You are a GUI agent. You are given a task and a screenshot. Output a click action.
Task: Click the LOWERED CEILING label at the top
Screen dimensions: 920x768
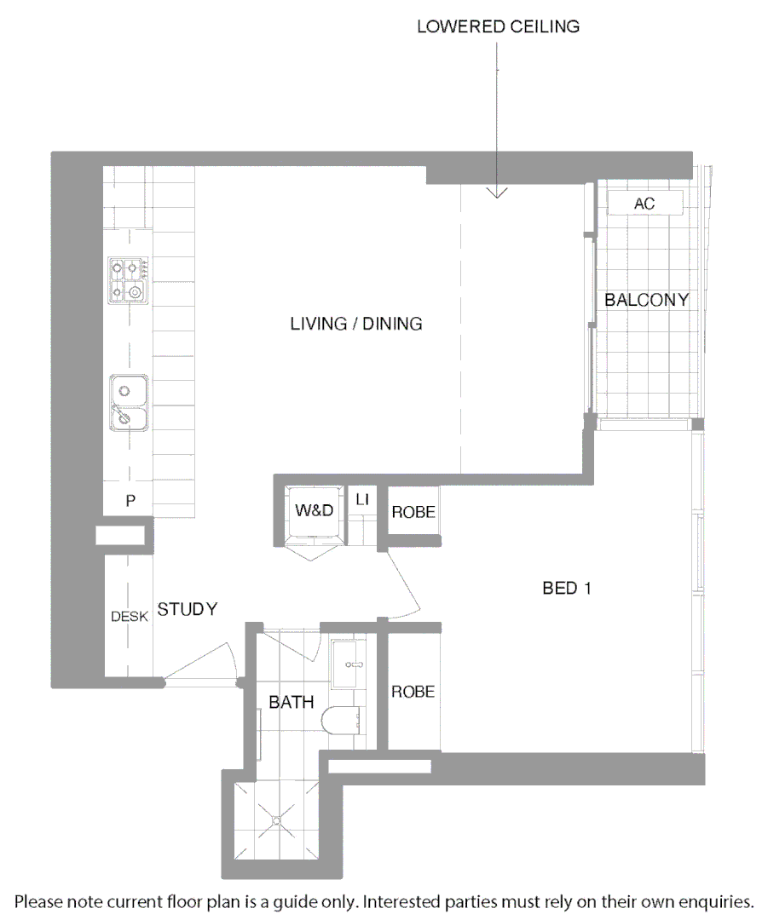tap(498, 26)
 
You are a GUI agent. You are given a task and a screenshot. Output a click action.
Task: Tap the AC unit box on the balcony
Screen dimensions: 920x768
tap(644, 204)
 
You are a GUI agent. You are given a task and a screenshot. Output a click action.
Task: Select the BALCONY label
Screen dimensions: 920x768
tap(646, 300)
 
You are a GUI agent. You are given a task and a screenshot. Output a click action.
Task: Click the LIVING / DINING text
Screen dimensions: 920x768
tap(356, 324)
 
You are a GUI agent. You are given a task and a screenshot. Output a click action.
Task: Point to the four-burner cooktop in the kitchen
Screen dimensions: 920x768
tap(129, 281)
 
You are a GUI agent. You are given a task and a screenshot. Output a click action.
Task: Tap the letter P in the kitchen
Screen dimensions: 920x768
tap(130, 501)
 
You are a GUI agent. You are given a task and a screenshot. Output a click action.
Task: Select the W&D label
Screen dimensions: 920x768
tap(313, 511)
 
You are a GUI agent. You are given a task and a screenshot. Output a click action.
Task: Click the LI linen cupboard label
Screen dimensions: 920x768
tap(361, 499)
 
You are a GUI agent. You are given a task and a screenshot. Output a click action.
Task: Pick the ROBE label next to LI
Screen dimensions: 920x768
tap(413, 512)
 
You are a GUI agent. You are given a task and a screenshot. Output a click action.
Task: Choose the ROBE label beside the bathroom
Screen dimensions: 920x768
tap(413, 692)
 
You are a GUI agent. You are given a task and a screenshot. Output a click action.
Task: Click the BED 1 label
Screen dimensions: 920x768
tap(567, 588)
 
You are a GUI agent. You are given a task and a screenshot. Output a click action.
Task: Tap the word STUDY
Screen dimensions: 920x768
tap(188, 609)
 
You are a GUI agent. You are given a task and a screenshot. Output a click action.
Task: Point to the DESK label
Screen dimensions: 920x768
tap(130, 617)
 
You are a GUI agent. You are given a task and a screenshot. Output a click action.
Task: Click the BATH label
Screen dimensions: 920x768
tap(292, 703)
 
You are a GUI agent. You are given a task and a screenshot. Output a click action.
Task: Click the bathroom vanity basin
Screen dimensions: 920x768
tap(349, 664)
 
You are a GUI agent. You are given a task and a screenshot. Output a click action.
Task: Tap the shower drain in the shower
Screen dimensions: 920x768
tap(276, 820)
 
